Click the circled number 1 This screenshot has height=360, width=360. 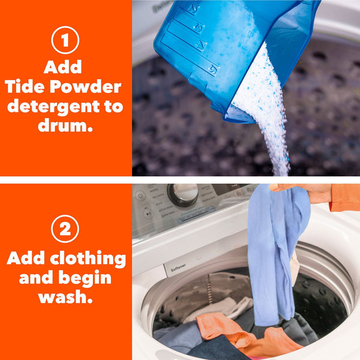tap(65, 41)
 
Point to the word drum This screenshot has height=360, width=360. tap(65, 127)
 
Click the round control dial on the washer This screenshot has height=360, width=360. tap(183, 195)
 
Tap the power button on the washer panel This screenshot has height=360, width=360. tap(140, 196)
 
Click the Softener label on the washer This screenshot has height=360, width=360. tap(178, 269)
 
